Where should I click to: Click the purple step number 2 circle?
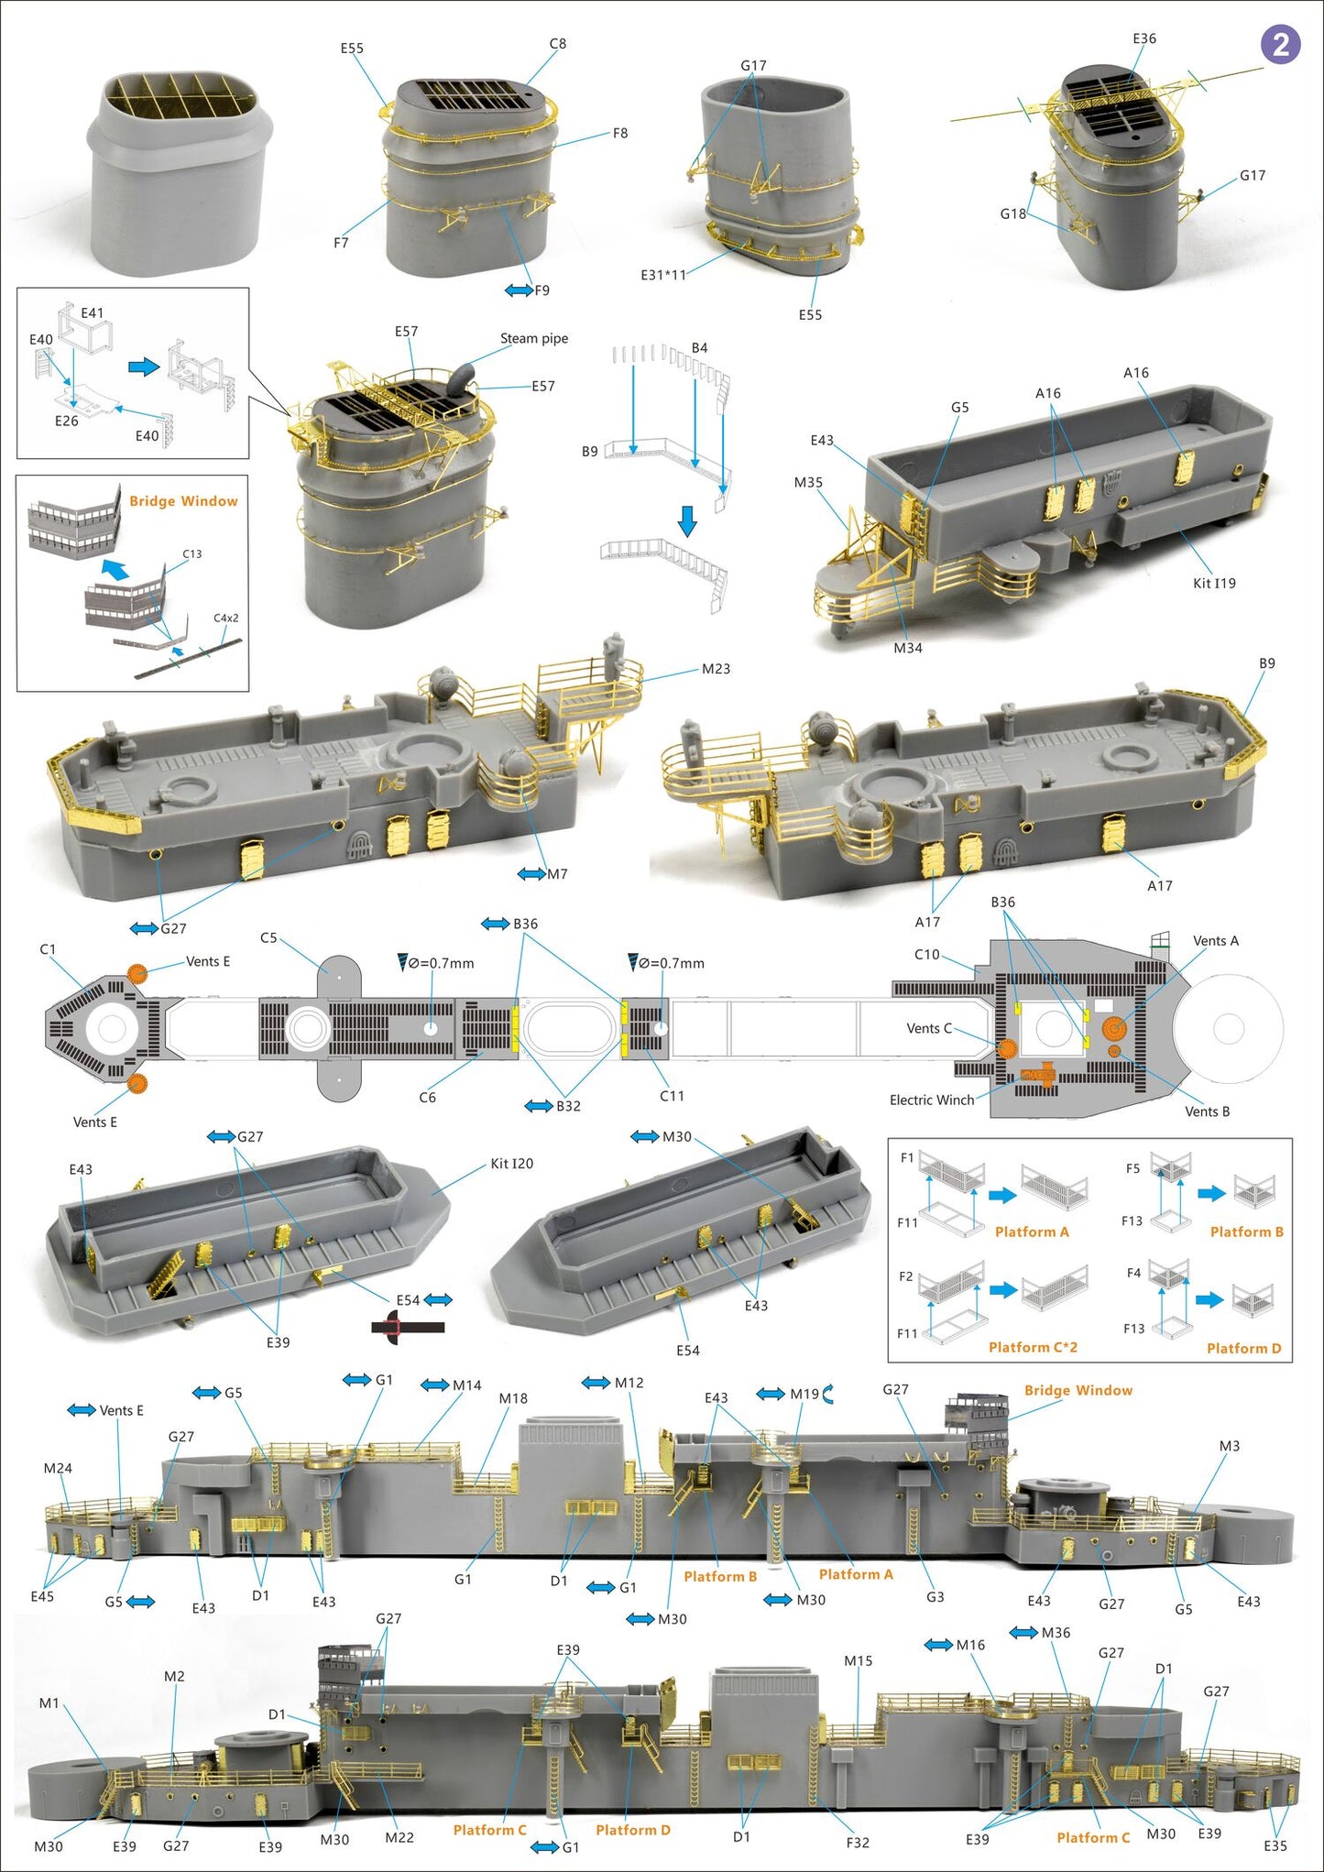coord(1280,45)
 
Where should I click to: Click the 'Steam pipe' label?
coord(533,338)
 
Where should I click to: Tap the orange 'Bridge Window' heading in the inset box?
coord(183,501)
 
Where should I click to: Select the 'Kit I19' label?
coord(1213,583)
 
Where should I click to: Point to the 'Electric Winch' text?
coord(931,1100)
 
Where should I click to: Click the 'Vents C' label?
coord(928,1028)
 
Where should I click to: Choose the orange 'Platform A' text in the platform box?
coord(1032,1232)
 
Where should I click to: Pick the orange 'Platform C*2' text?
coord(1033,1347)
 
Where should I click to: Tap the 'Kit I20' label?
coord(511,1163)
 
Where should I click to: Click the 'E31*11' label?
coord(662,275)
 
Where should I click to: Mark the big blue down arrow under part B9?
coord(687,521)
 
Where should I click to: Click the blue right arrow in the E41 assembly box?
coord(144,367)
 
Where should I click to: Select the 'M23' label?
coord(716,669)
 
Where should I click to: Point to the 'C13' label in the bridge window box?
coord(191,554)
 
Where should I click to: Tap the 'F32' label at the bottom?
coord(857,1842)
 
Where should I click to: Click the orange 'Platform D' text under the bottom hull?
coord(633,1830)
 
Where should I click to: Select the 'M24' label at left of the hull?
coord(58,1468)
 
